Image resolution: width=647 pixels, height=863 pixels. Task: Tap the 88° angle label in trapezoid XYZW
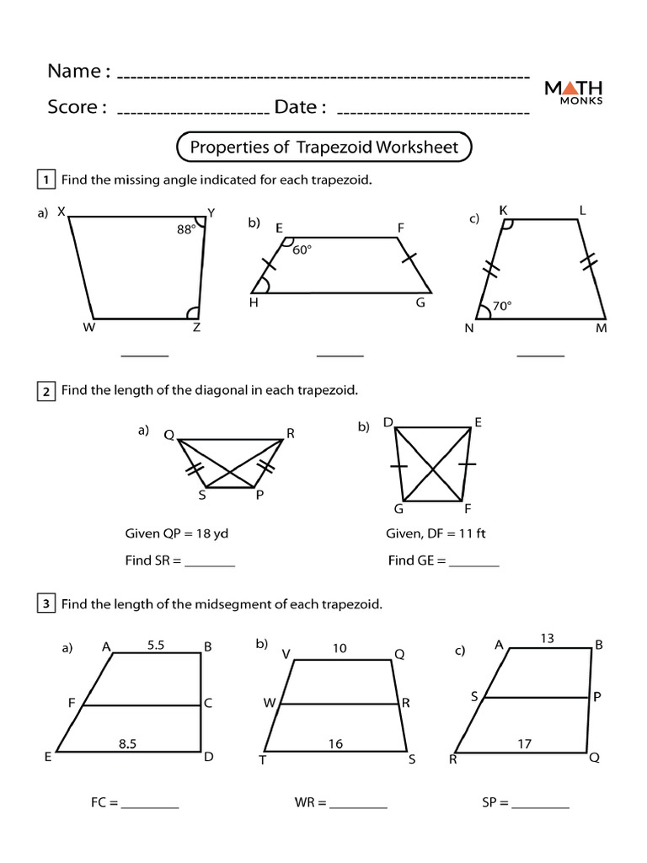[x=185, y=228]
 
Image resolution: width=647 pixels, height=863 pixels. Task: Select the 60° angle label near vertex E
[x=302, y=249]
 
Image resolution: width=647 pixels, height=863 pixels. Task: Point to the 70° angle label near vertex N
[x=503, y=307]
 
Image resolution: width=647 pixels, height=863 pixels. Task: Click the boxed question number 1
[x=45, y=180]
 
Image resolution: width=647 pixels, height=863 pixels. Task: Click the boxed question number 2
[x=45, y=391]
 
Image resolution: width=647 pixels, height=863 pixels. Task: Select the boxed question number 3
[x=45, y=603]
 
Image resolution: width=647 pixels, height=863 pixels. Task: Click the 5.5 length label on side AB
[x=156, y=645]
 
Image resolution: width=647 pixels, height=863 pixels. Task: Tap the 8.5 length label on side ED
[x=128, y=742]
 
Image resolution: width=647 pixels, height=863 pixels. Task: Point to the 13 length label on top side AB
[x=547, y=639]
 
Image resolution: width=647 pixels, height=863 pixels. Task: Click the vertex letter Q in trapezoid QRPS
[x=168, y=436]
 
